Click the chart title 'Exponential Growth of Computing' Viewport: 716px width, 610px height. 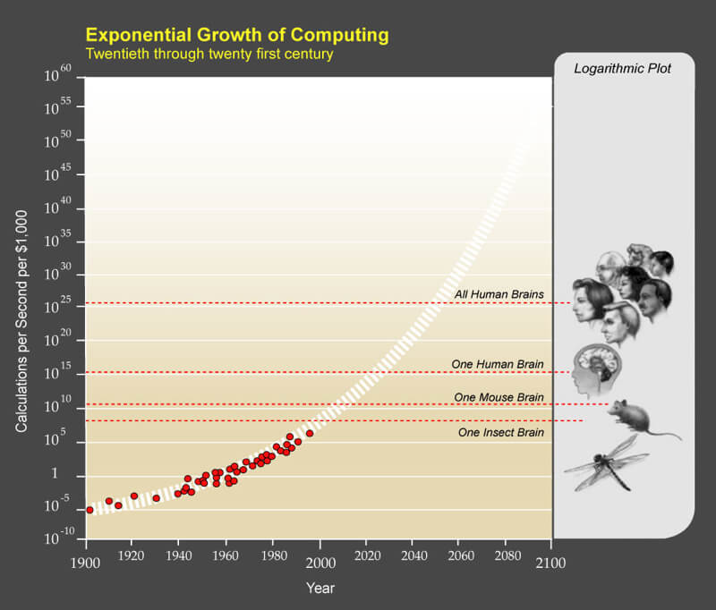237,36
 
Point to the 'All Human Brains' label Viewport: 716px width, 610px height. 499,293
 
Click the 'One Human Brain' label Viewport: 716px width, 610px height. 498,363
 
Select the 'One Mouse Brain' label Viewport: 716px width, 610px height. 499,397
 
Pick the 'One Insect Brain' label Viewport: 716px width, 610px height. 500,432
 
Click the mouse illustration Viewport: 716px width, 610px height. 639,417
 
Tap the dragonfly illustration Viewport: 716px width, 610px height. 607,463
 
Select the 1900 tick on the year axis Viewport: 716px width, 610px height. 86,563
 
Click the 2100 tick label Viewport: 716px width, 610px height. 551,563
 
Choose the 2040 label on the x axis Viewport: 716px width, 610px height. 412,563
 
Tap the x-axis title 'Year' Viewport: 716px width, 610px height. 320,589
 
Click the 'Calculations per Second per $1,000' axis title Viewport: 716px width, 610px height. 21,308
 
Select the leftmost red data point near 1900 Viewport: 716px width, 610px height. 89,510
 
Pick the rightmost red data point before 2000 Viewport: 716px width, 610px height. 310,433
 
